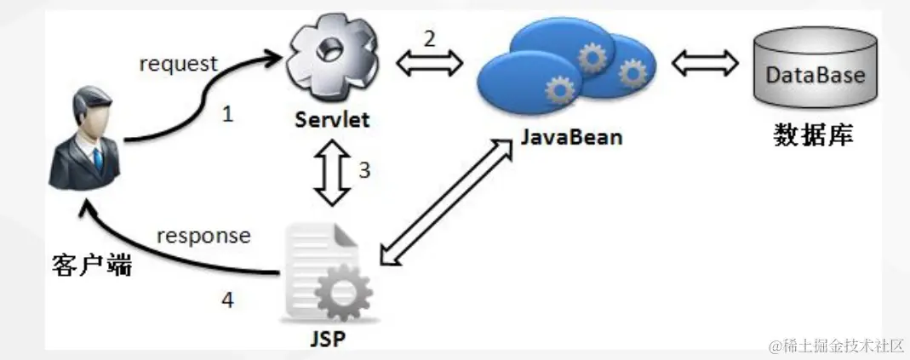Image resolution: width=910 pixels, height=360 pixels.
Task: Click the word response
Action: click(203, 235)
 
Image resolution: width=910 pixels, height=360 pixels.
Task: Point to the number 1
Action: click(227, 114)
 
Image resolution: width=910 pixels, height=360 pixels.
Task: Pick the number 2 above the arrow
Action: click(430, 37)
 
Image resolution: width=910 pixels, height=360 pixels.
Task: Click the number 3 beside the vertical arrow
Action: click(364, 169)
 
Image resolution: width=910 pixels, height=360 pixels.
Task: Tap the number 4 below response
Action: click(227, 300)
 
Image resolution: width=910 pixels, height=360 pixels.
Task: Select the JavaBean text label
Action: click(572, 136)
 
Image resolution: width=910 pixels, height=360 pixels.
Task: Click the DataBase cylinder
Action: click(815, 75)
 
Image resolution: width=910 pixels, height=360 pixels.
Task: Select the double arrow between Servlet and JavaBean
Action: click(430, 62)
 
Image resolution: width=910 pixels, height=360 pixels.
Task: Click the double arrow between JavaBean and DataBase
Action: click(704, 62)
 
